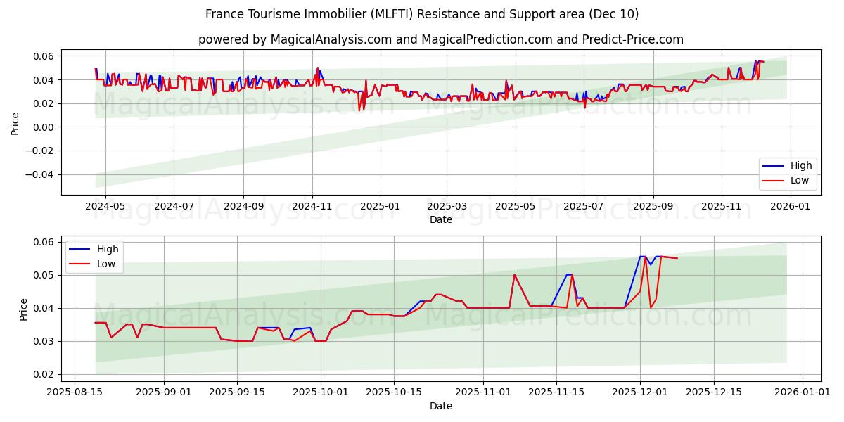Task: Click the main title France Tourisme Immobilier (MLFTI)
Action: tap(422, 14)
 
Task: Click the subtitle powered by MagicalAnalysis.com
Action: tap(440, 39)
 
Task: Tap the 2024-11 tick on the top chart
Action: tap(312, 207)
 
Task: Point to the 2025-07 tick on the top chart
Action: tap(584, 207)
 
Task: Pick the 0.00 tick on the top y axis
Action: tap(47, 127)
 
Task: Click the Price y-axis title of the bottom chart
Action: tap(24, 309)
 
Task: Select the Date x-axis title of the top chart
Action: tap(441, 219)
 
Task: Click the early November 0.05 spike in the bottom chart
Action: tap(514, 275)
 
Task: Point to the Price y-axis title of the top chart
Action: tap(15, 124)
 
